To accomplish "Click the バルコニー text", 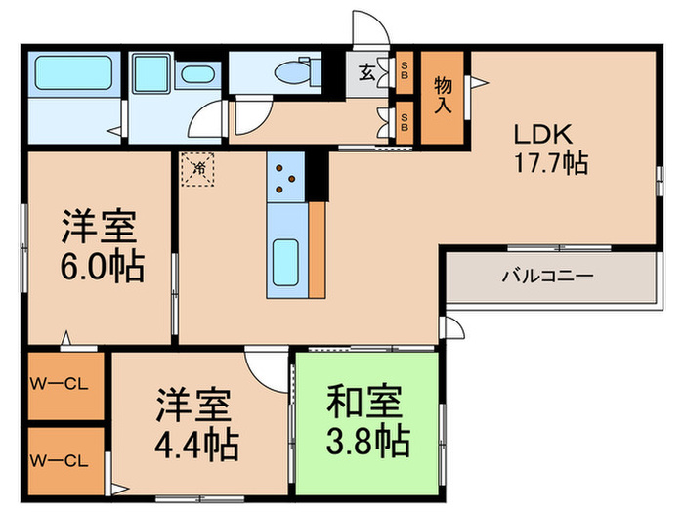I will tap(547, 277).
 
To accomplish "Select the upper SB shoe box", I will tap(405, 71).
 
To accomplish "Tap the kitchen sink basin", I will tap(285, 261).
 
